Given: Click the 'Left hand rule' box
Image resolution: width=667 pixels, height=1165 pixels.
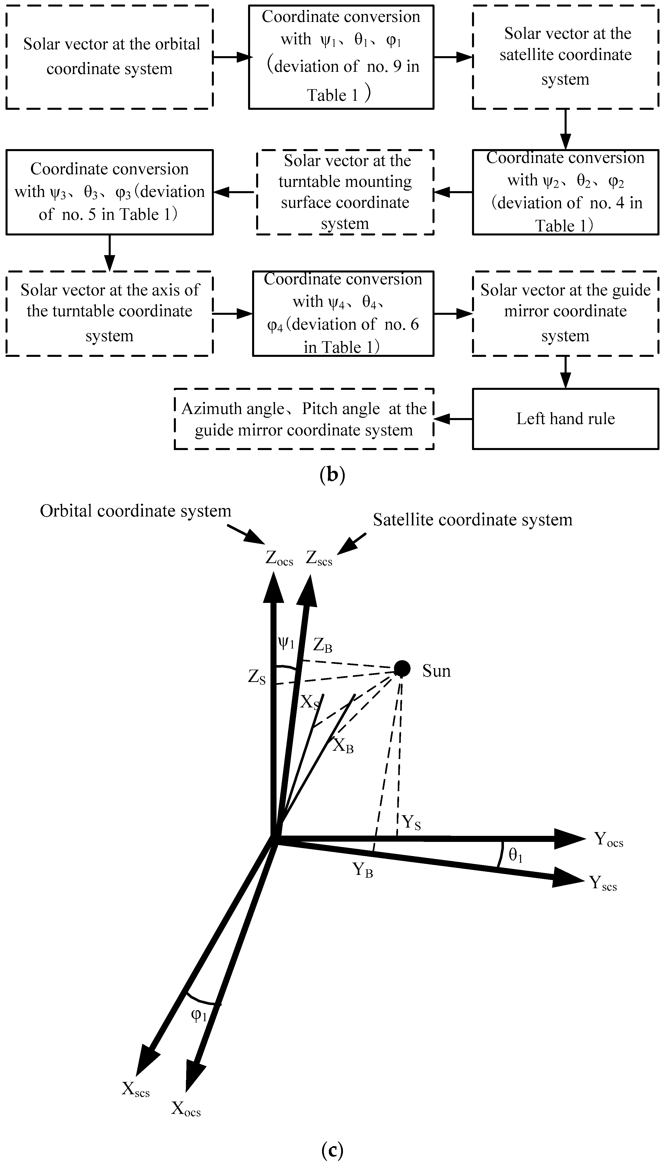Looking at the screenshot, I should pyautogui.click(x=565, y=419).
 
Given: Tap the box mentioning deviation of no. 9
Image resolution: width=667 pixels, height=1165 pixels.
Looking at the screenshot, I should pyautogui.click(x=341, y=57).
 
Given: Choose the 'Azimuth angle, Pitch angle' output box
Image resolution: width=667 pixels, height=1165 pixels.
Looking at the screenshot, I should pyautogui.click(x=304, y=419).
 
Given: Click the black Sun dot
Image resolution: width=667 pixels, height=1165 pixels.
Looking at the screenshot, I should pyautogui.click(x=402, y=669).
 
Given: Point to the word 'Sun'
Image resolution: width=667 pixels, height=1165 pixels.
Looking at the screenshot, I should pyautogui.click(x=436, y=671).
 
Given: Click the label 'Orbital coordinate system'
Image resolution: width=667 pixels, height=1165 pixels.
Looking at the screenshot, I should pyautogui.click(x=136, y=511).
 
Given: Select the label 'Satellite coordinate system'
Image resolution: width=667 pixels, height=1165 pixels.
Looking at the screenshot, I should pyautogui.click(x=472, y=520).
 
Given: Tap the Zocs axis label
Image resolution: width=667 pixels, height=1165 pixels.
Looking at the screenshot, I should pyautogui.click(x=279, y=558).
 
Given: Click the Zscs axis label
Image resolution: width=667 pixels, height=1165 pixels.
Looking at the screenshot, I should pyautogui.click(x=319, y=558).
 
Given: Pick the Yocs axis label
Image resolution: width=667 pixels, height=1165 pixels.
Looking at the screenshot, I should pyautogui.click(x=608, y=839).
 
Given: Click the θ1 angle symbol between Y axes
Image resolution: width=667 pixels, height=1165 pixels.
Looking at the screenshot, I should pyautogui.click(x=515, y=854).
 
